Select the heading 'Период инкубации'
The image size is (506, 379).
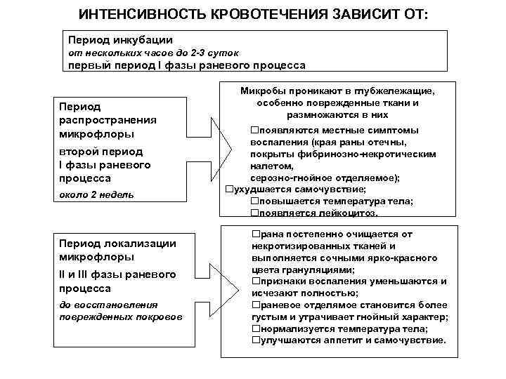point(120,40)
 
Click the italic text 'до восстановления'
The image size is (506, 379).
point(108,305)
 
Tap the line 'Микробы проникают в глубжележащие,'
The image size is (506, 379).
point(338,91)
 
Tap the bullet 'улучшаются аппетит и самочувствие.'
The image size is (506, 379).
point(349,340)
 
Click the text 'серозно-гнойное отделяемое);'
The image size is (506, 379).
point(325,178)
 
